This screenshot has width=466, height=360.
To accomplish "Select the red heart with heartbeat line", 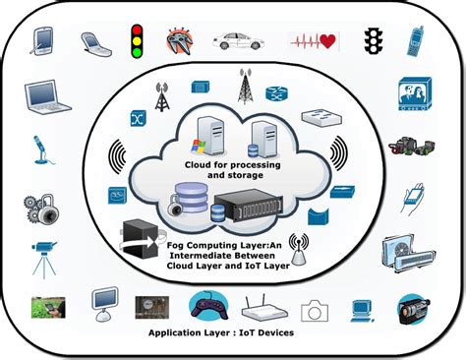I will [312, 41].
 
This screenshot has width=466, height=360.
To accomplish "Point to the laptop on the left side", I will [45, 96].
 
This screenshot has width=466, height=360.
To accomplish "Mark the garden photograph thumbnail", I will [47, 307].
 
